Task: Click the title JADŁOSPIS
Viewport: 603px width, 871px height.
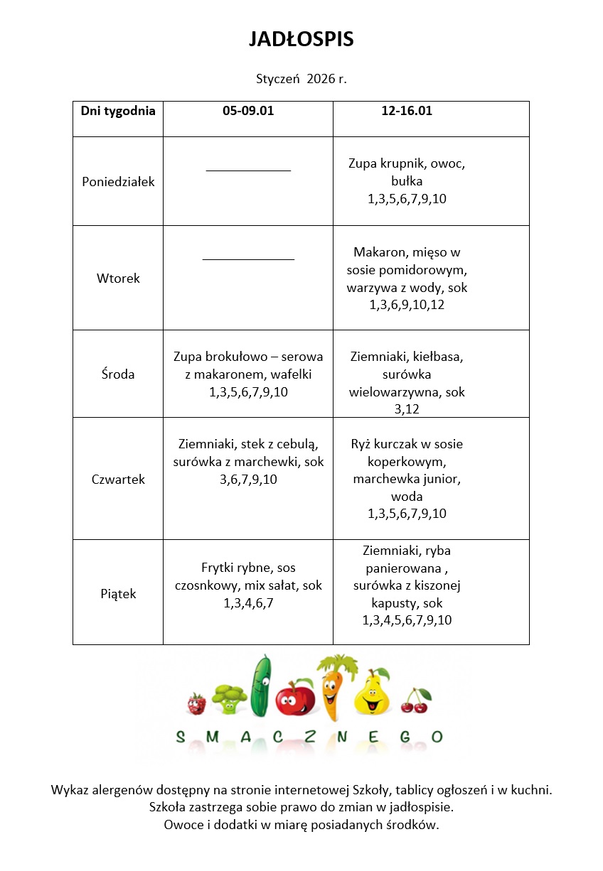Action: tap(301, 40)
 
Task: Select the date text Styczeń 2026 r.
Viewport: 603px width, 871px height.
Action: tap(301, 79)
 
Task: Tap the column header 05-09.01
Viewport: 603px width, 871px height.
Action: tap(248, 111)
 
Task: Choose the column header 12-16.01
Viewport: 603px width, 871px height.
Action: tap(407, 111)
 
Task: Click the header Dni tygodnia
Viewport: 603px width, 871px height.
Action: tap(118, 111)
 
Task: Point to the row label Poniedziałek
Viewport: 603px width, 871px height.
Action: tap(118, 181)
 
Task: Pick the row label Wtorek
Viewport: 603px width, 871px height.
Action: tap(118, 278)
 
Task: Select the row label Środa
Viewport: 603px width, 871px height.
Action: tap(118, 374)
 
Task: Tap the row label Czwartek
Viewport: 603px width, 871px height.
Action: tap(118, 479)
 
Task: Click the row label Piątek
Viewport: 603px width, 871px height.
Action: tap(118, 593)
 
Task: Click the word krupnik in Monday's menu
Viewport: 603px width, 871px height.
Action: tap(400, 163)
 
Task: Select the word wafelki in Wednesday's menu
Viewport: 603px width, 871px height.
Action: tap(286, 374)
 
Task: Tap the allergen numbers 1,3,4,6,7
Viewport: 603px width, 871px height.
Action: tap(248, 603)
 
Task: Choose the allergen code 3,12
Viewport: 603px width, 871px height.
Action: tap(407, 409)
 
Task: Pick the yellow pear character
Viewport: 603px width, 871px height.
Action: tap(371, 693)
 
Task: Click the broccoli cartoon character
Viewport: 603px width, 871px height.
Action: tap(228, 698)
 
